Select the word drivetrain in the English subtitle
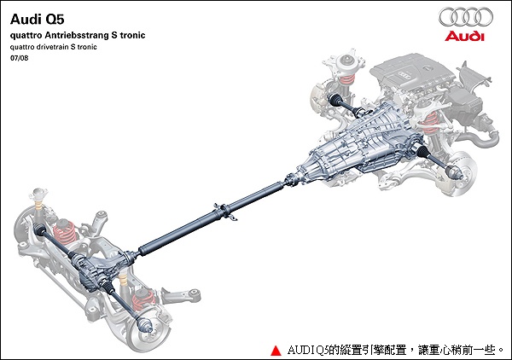[61, 47]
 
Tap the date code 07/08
[18, 59]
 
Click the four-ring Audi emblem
[465, 17]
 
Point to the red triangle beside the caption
[276, 350]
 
